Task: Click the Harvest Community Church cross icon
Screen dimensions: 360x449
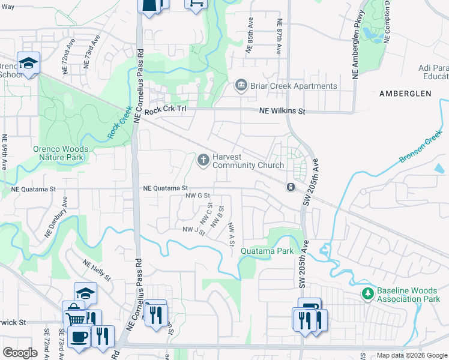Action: pos(203,160)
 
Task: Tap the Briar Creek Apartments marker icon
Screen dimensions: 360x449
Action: pos(241,86)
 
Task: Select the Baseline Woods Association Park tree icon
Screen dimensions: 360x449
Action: pos(367,294)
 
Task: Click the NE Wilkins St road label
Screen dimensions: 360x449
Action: pos(282,111)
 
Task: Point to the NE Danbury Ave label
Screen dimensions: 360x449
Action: pos(53,227)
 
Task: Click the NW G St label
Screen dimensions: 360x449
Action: pos(197,196)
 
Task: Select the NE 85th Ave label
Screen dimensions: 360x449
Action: pos(248,37)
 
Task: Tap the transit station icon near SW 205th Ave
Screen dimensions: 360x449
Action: pos(291,187)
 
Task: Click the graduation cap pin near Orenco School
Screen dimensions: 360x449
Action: pos(28,63)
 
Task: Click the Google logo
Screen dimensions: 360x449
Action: pos(20,353)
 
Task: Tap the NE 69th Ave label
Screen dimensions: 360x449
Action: pos(4,152)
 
